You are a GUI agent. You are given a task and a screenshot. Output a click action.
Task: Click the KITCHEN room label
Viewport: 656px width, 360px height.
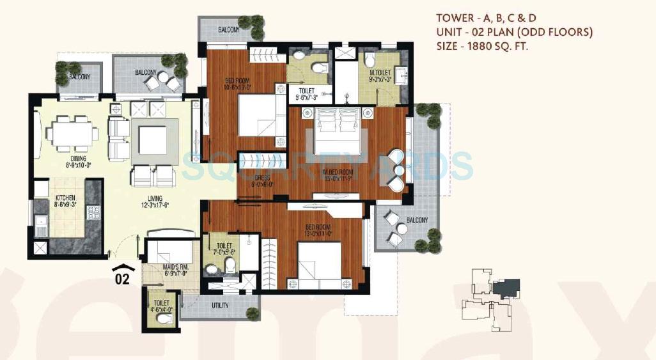coord(66,198)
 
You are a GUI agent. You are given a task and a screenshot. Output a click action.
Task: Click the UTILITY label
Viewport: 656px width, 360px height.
coord(220,306)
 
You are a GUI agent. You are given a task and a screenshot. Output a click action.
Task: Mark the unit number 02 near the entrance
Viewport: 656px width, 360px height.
coord(122,279)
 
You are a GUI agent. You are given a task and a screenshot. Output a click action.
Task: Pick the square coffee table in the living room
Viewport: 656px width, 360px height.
coord(153,140)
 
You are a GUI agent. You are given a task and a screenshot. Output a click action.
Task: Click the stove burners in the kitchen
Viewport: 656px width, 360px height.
coord(92,212)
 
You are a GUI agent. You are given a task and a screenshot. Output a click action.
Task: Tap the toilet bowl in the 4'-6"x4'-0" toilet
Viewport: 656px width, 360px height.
coord(164,318)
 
